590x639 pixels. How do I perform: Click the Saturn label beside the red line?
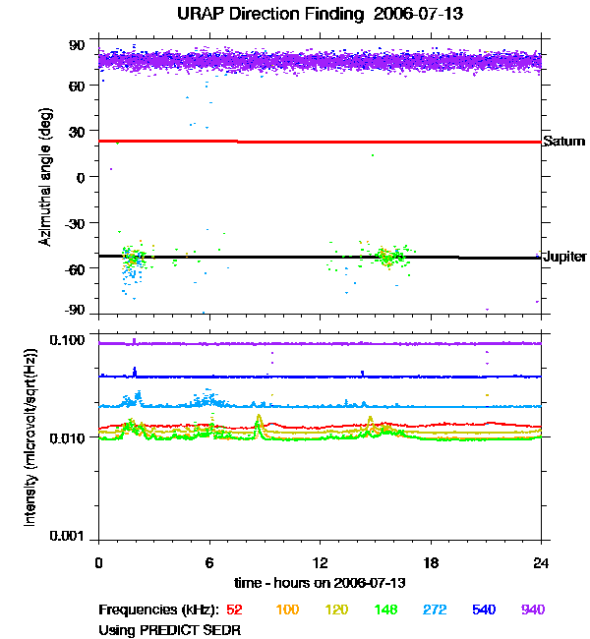click(x=563, y=142)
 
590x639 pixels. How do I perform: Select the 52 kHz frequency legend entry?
click(x=235, y=610)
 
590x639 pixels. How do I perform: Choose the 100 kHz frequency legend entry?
click(x=287, y=610)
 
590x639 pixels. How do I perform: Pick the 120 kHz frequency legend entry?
click(x=337, y=610)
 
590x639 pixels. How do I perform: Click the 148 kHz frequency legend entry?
click(x=386, y=610)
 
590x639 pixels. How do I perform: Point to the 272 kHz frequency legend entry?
click(x=436, y=610)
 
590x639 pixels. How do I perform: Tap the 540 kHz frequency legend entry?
click(x=485, y=610)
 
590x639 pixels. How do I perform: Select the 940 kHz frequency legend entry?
click(x=533, y=610)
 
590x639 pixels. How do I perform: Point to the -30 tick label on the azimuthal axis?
click(x=74, y=222)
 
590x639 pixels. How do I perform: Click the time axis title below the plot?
click(x=321, y=582)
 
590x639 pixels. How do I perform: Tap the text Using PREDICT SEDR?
click(x=170, y=628)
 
